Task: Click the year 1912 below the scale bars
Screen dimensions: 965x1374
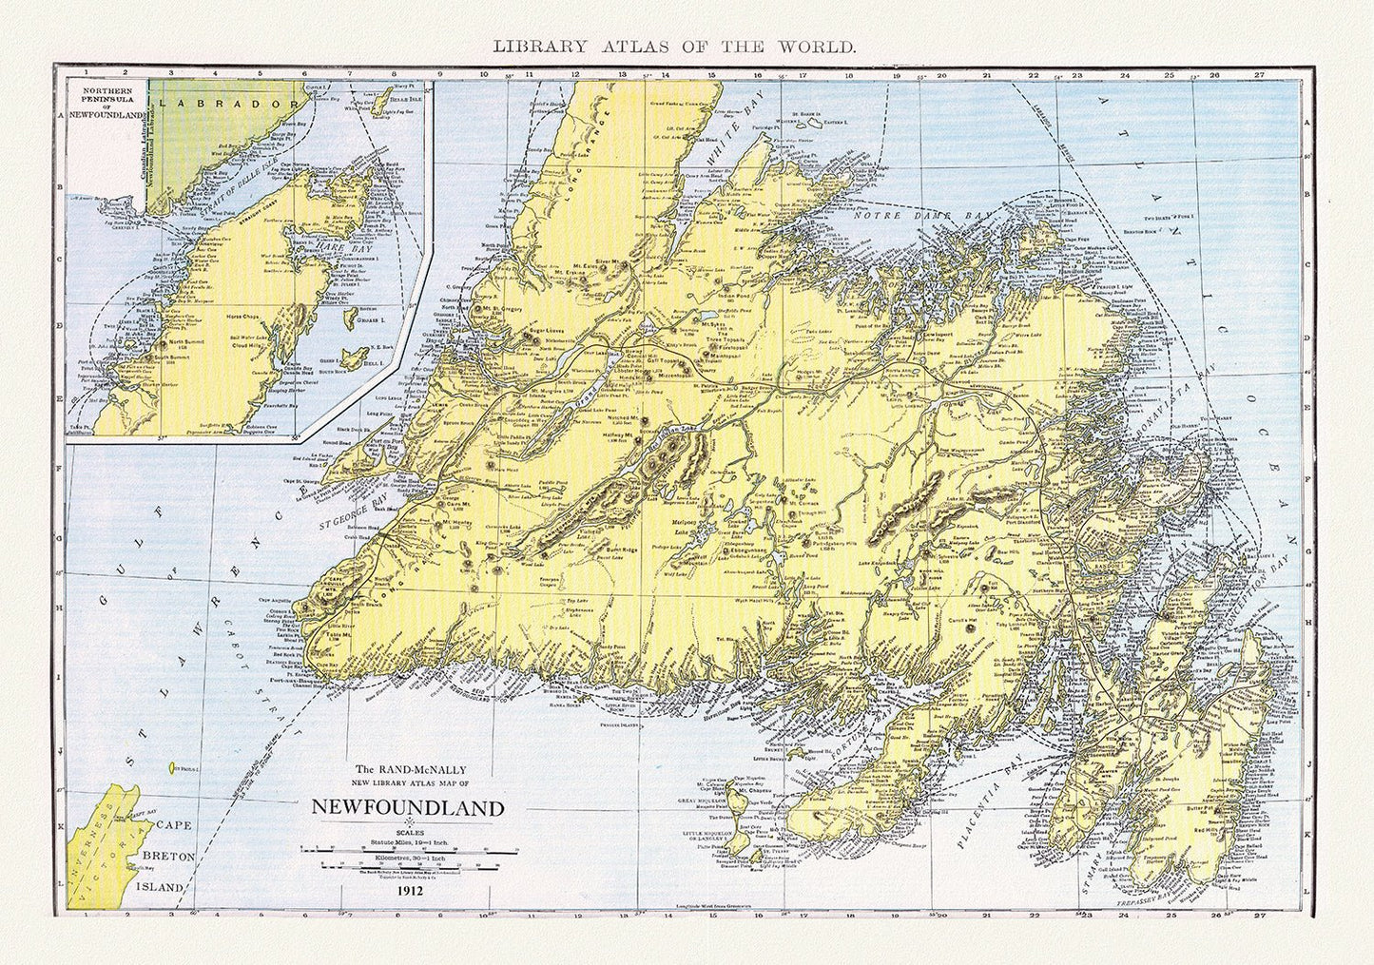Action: [412, 891]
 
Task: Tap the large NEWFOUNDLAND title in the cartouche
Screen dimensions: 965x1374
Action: [409, 809]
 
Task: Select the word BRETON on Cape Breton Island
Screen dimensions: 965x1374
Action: [168, 856]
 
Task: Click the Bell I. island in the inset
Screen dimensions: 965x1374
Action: [356, 359]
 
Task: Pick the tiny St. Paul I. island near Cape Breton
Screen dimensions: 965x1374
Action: [173, 766]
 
